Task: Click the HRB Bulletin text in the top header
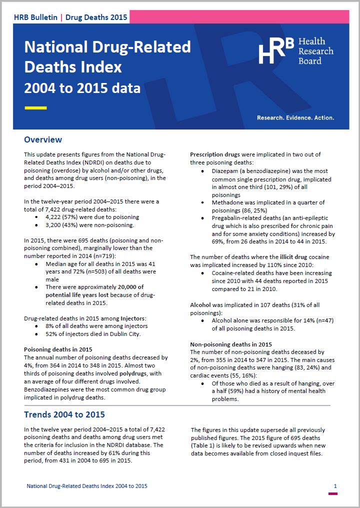pyautogui.click(x=36, y=17)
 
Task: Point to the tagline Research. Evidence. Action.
pyautogui.click(x=295, y=118)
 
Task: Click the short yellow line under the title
pyautogui.click(x=35, y=107)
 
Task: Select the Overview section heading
pyautogui.click(x=43, y=139)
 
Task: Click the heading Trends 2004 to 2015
pyautogui.click(x=64, y=414)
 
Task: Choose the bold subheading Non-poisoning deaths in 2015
pyautogui.click(x=231, y=344)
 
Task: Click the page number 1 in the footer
pyautogui.click(x=335, y=486)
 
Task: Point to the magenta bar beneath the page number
pyautogui.click(x=332, y=494)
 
